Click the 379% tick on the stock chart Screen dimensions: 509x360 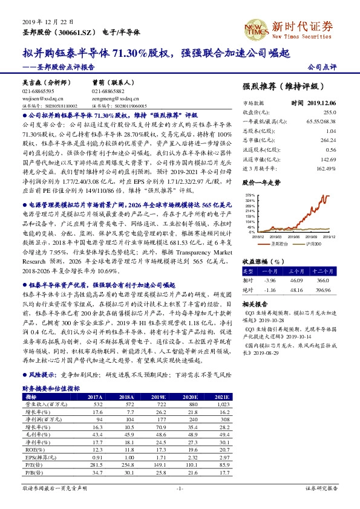(250, 195)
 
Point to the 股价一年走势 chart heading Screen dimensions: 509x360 (261, 181)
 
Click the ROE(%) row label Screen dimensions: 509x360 (31, 449)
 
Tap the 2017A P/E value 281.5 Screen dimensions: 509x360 (96, 464)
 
